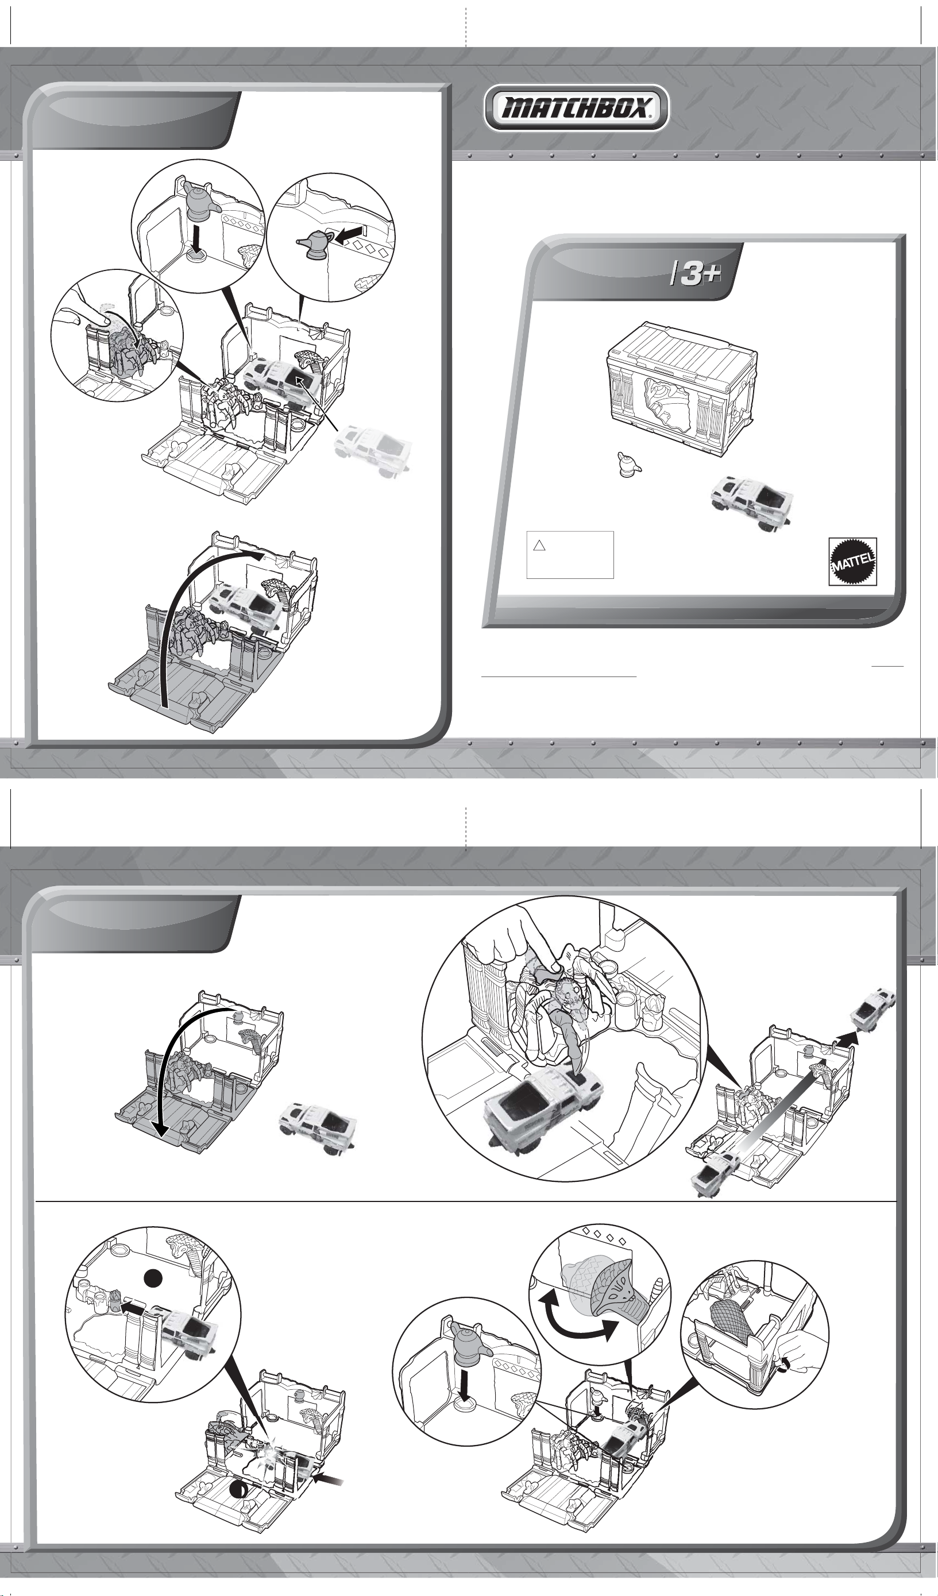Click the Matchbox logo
coord(576,109)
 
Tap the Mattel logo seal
coord(852,562)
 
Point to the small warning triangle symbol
coord(539,544)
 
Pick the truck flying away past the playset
coord(873,1007)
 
